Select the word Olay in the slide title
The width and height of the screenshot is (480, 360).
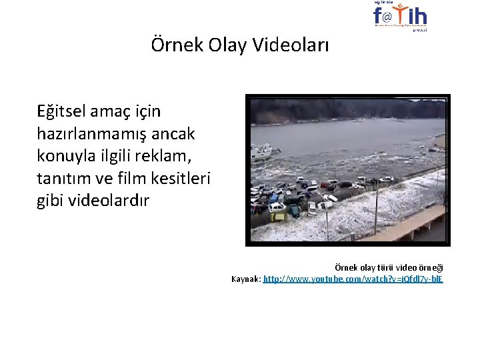click(223, 46)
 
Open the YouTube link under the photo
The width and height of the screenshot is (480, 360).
click(353, 279)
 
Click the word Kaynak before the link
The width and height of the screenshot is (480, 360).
click(245, 279)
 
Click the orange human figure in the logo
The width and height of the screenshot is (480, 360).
click(400, 13)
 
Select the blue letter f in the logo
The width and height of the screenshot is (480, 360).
click(378, 15)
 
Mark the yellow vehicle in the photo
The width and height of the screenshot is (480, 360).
click(277, 215)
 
